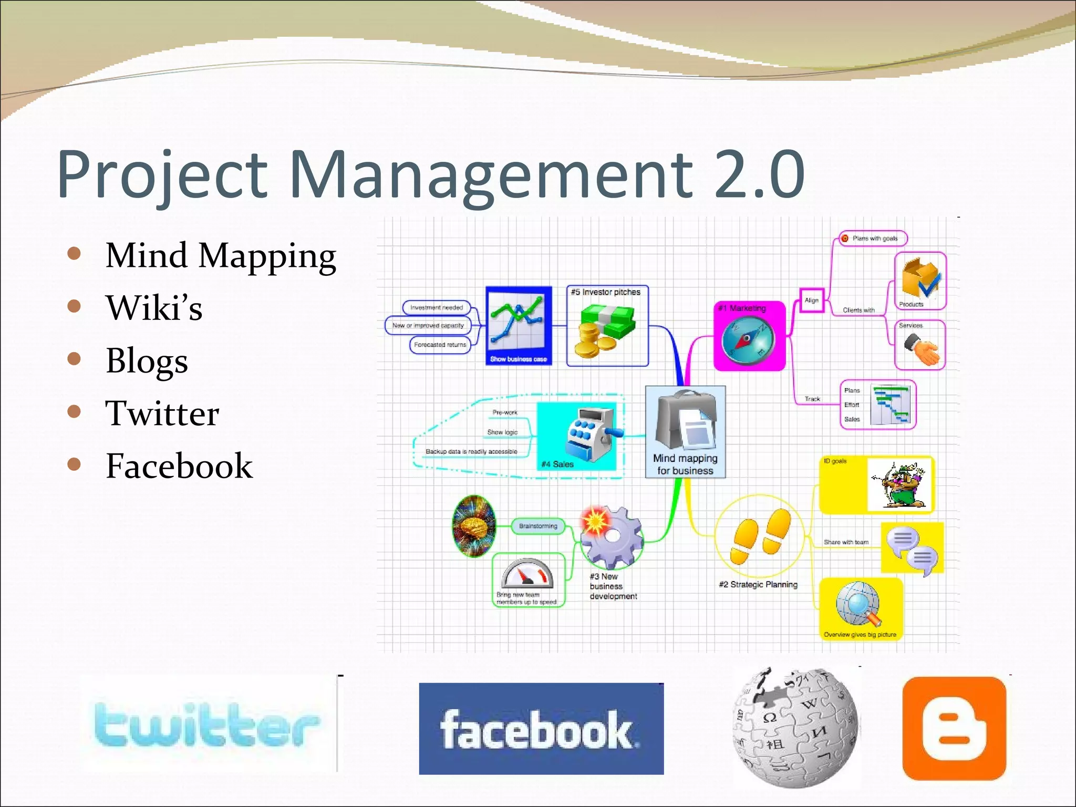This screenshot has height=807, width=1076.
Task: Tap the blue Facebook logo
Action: (x=541, y=729)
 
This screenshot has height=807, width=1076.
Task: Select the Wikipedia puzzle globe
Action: (x=796, y=728)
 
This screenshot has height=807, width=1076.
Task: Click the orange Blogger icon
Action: (x=954, y=728)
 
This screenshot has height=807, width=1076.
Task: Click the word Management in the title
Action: (x=491, y=174)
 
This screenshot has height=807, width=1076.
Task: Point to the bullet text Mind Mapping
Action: (x=221, y=256)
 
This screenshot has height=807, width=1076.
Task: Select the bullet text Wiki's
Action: (x=154, y=308)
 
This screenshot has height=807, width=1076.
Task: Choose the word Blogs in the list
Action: (x=147, y=361)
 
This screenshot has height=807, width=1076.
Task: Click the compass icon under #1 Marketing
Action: (x=748, y=339)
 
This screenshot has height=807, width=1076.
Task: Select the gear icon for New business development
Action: (x=611, y=536)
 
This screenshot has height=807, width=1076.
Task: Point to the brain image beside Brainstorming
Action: (x=473, y=526)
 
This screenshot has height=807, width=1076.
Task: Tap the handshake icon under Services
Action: (x=920, y=350)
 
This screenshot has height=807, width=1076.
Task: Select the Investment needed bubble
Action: (x=436, y=307)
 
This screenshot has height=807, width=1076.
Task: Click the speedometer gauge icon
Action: (x=527, y=574)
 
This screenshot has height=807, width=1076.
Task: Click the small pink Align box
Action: (x=811, y=300)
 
